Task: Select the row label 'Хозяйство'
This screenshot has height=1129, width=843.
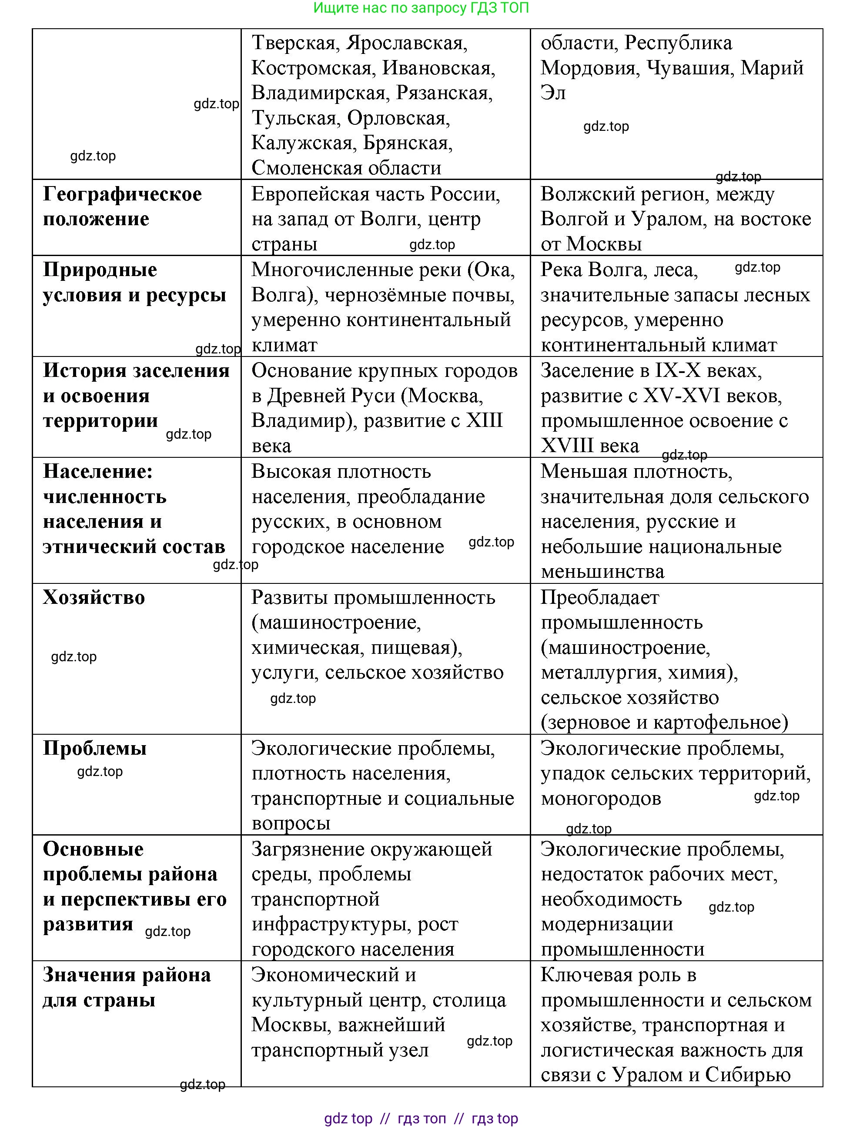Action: coord(94,597)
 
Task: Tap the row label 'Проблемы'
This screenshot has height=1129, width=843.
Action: coord(95,748)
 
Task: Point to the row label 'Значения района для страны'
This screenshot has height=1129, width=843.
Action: coord(127,987)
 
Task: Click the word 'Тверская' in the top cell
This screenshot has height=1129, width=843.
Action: coord(294,43)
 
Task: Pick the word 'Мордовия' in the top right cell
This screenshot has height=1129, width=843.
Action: coord(589,68)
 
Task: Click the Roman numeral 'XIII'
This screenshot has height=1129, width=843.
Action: coord(484,421)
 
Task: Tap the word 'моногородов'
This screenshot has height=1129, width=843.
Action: coord(601,799)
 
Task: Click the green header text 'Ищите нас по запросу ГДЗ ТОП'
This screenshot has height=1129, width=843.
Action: coord(421,8)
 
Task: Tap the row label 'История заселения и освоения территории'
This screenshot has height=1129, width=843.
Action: coord(136,396)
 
